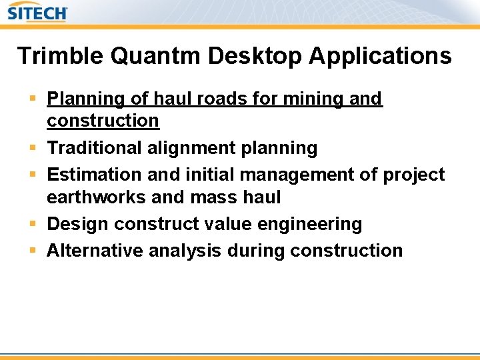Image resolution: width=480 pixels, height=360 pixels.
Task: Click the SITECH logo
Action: pos(38,12)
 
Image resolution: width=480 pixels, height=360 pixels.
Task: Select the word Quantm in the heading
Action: pos(156,56)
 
